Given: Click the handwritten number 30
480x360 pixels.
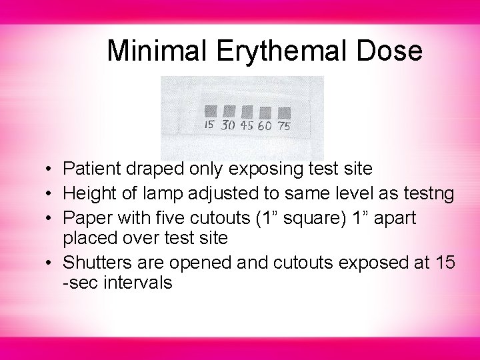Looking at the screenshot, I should pos(228,125).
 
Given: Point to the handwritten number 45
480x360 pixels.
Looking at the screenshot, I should pos(247,125).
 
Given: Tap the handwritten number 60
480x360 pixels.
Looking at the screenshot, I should pos(265,126).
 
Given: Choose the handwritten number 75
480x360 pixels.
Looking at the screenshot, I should pos(285,126).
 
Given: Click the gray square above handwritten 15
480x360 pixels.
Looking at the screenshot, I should pos(210,110).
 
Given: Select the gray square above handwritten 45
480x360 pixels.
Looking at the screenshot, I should pos(246,111).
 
